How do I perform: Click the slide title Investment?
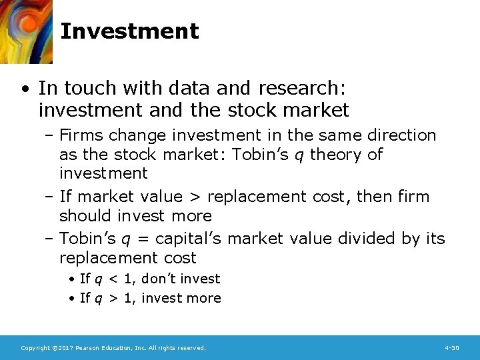pos(129,31)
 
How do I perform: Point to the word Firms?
pos(81,135)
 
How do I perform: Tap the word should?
pos(86,216)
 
